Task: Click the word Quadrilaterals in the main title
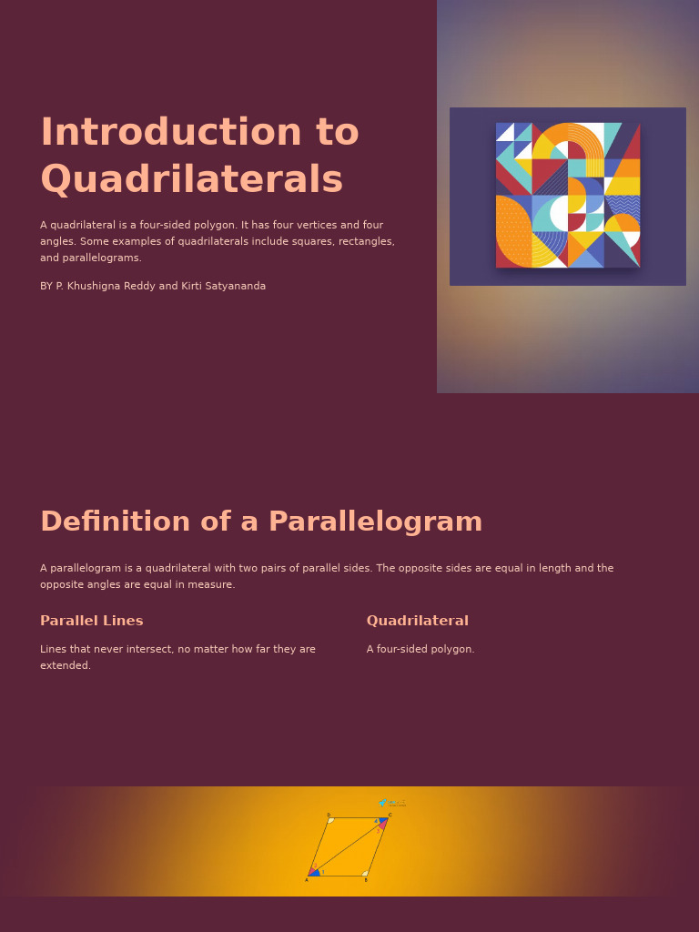pyautogui.click(x=191, y=180)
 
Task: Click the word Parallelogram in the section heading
pyautogui.click(x=375, y=522)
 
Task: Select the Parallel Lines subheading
pyautogui.click(x=91, y=622)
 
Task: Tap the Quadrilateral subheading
pyautogui.click(x=417, y=622)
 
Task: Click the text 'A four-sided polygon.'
pyautogui.click(x=420, y=650)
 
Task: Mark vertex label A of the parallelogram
pyautogui.click(x=307, y=880)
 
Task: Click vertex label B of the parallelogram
pyautogui.click(x=366, y=880)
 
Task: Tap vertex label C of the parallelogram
pyautogui.click(x=390, y=815)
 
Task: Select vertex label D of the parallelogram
pyautogui.click(x=329, y=815)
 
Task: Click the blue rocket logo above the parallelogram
pyautogui.click(x=383, y=803)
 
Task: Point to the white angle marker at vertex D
pyautogui.click(x=331, y=820)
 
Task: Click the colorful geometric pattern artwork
pyautogui.click(x=567, y=195)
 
